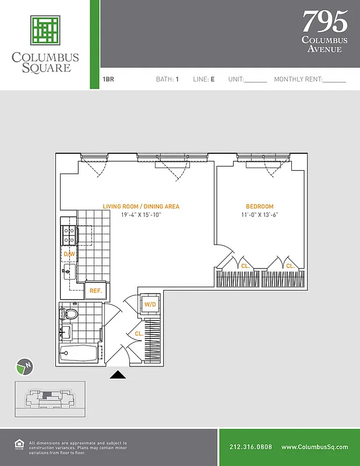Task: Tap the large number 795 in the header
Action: point(324,22)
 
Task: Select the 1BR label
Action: point(108,79)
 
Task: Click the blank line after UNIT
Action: point(255,81)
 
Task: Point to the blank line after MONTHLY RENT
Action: point(334,81)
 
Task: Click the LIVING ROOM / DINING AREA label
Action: point(141,207)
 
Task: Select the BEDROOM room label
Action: point(259,207)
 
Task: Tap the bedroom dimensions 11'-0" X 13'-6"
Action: point(259,215)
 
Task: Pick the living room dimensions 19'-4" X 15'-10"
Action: point(141,215)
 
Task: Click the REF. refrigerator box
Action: point(96,290)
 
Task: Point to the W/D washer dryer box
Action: point(150,303)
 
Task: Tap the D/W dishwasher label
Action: point(68,255)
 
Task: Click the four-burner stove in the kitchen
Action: point(69,235)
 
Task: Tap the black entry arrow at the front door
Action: point(118,375)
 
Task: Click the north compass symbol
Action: point(23,366)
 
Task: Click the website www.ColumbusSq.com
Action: point(315,447)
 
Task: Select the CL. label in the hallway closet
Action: point(139,334)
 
